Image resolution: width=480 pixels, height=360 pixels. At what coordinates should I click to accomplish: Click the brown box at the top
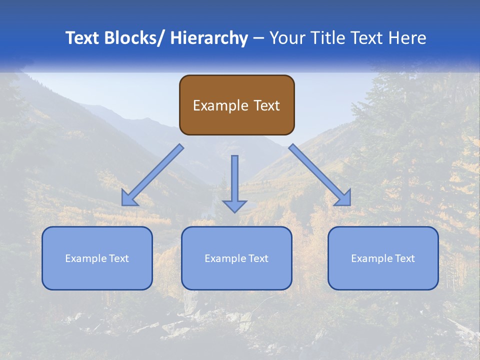[236, 105]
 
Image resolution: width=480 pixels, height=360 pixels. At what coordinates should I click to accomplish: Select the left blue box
[97, 258]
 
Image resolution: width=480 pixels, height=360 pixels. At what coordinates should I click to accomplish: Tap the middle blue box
[236, 258]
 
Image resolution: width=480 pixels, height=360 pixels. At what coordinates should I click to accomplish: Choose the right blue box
[383, 258]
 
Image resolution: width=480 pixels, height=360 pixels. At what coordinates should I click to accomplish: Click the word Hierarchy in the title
[209, 38]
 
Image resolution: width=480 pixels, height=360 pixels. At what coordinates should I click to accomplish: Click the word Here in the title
[407, 38]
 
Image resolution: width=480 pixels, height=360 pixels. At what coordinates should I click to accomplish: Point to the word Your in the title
[286, 38]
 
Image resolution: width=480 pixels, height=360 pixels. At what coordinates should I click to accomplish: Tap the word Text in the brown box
[265, 105]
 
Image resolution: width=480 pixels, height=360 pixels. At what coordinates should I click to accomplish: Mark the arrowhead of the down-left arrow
[129, 198]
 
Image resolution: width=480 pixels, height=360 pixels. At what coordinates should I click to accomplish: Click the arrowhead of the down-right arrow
[343, 198]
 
